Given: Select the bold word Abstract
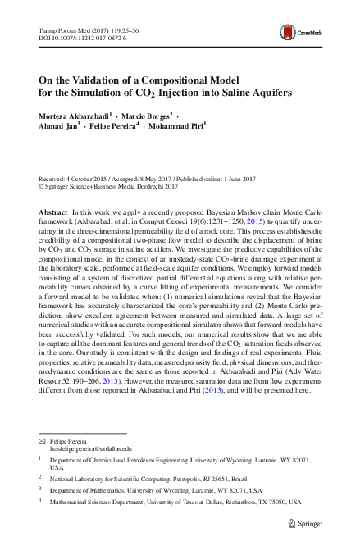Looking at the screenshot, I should coord(53,212).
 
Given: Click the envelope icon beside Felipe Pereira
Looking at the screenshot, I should coord(43,441).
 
